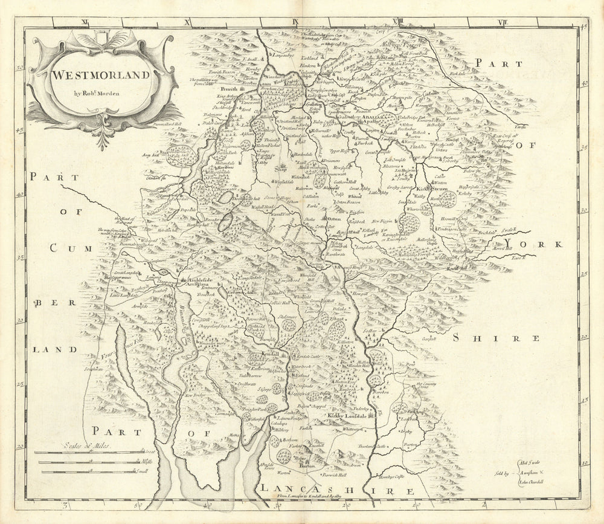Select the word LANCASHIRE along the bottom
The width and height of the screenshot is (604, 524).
click(336, 488)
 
